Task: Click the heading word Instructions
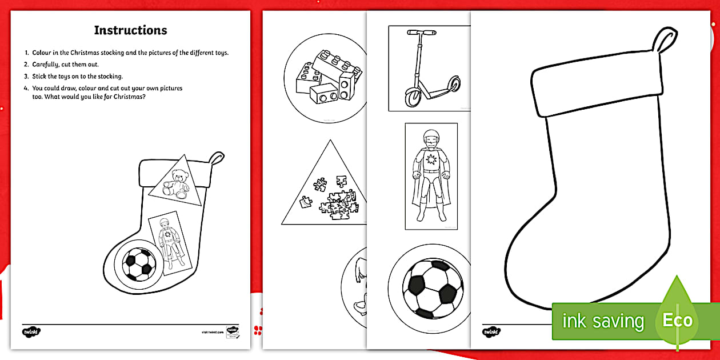click(130, 30)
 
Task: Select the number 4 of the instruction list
click(26, 89)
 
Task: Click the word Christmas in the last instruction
click(130, 97)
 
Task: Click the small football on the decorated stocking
click(139, 263)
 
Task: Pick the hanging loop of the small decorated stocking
click(216, 158)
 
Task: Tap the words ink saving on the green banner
click(602, 321)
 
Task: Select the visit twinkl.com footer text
click(212, 331)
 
